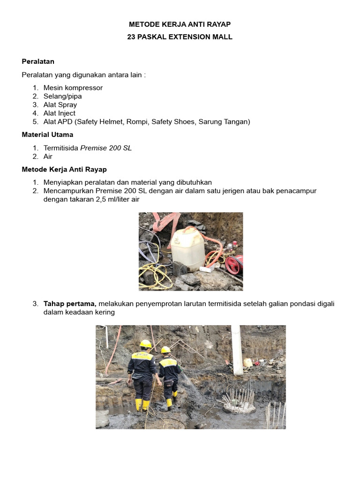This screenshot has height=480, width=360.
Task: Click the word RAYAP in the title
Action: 217,24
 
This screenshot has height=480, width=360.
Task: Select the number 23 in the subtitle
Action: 132,37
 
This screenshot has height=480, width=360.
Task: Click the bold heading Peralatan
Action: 38,61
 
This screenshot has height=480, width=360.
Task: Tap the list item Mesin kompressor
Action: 73,88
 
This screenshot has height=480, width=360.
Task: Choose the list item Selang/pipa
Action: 62,96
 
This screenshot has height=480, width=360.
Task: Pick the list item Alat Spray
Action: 60,105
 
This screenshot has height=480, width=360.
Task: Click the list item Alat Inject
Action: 59,113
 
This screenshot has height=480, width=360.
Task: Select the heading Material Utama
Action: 47,135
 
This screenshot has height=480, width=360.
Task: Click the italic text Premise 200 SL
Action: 106,148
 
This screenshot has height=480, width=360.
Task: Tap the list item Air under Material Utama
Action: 48,157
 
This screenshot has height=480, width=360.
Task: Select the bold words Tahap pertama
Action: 69,303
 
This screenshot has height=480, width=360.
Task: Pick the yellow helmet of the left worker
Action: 146,344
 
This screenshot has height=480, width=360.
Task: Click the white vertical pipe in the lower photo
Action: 237,349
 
